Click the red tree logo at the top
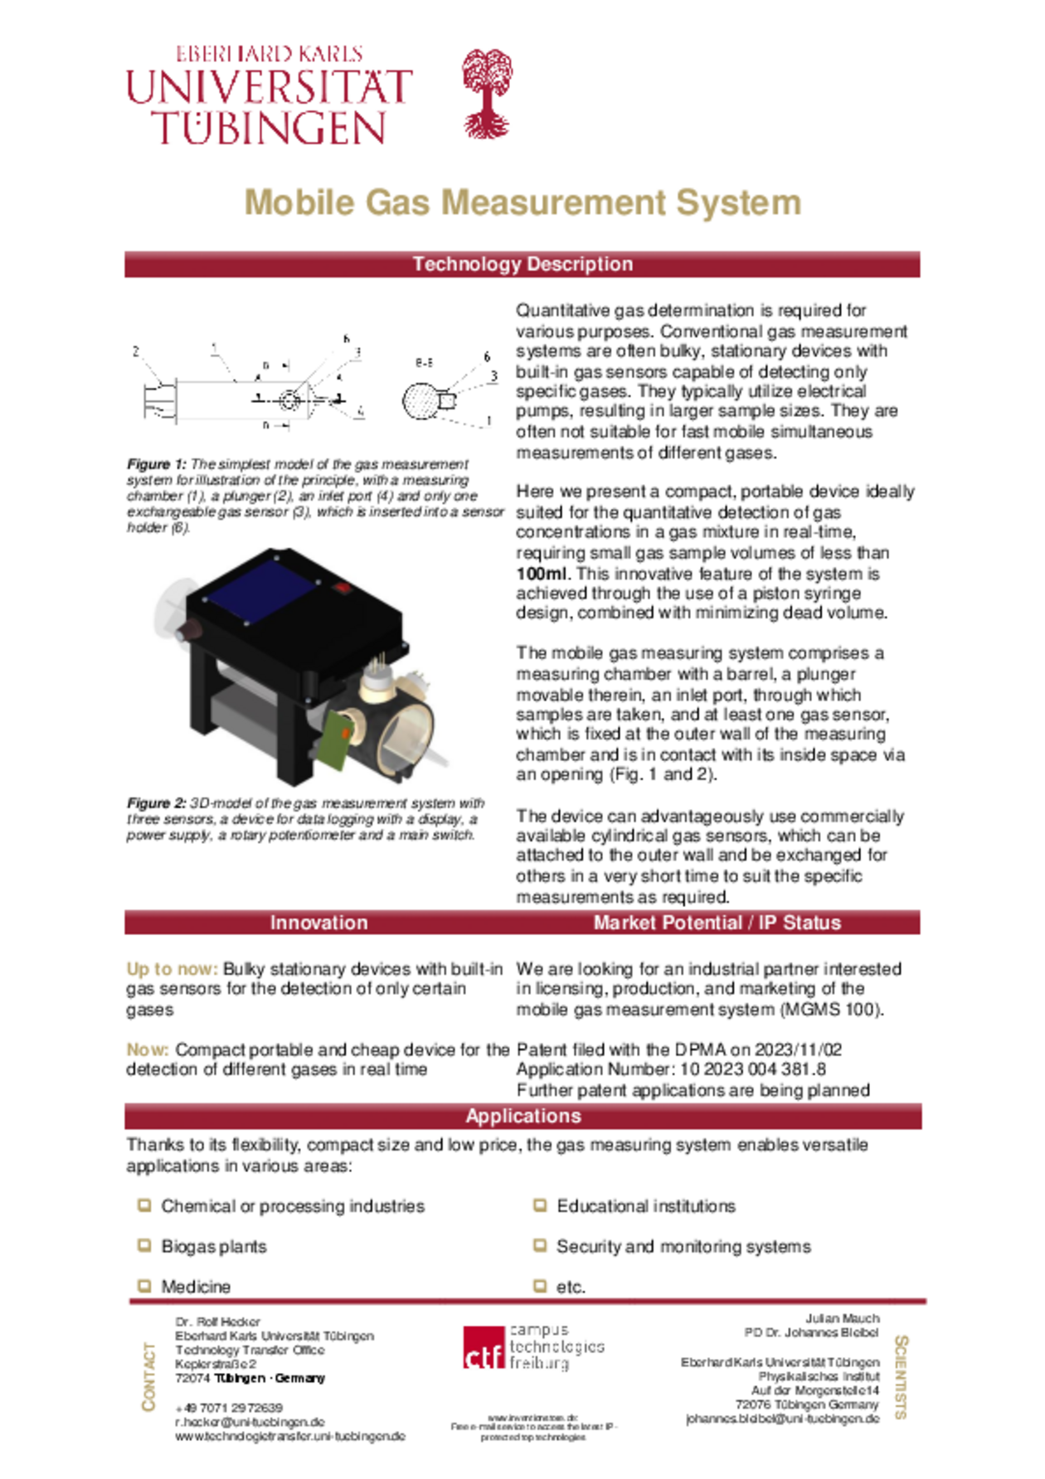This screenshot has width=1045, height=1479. pos(487,93)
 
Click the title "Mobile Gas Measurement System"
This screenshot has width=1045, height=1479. pos(522,202)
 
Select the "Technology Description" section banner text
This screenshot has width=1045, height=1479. pos(522,264)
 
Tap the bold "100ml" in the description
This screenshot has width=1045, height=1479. pos(541,574)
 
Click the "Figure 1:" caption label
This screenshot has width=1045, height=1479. pos(157,464)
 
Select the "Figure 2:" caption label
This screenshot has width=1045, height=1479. pos(157,803)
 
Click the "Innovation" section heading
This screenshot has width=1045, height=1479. pos(318,923)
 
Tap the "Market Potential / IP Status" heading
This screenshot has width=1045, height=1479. pos(717,923)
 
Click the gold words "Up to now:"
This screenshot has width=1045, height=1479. pos(172,969)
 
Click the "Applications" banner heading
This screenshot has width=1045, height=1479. pos(522,1116)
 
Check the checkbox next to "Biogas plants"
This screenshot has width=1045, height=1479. pos(144,1245)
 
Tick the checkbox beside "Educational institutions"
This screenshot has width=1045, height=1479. pos(540,1205)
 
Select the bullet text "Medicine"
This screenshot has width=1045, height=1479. pos(196,1287)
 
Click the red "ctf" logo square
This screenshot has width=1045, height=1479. pos(484,1348)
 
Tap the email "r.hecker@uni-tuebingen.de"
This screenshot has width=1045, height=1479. pos(250,1422)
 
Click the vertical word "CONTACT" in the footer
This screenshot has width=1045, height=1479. pos(149,1377)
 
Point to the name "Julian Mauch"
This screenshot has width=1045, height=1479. pos(842,1318)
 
